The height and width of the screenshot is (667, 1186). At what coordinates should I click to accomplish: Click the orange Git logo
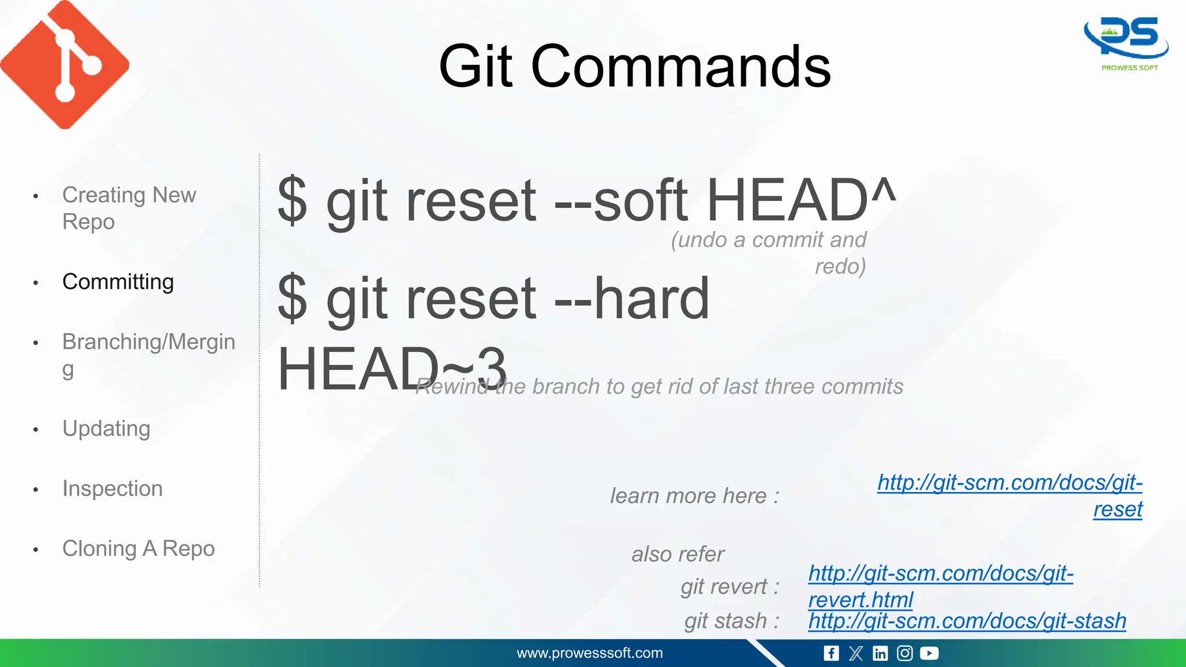(64, 64)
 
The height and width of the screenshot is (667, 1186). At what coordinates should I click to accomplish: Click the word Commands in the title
(681, 67)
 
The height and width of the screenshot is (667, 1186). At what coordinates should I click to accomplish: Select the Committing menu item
(118, 282)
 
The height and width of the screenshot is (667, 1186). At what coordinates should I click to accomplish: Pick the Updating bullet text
(106, 428)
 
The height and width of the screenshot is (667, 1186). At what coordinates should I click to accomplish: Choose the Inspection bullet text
(112, 489)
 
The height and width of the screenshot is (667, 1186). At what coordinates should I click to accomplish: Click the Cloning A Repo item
(138, 548)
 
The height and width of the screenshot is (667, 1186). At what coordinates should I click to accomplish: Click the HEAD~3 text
(391, 369)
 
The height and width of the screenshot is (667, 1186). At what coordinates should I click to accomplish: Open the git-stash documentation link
(967, 621)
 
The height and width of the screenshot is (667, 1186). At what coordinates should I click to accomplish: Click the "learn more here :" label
(694, 496)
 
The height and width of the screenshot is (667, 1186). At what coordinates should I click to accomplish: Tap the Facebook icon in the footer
(831, 653)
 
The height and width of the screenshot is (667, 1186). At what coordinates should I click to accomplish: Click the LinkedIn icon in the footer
(880, 653)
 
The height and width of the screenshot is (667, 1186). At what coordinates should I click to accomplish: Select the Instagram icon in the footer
(905, 653)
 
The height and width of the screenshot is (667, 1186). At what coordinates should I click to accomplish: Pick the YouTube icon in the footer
(929, 653)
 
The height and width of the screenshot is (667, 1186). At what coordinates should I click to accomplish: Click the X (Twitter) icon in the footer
(856, 653)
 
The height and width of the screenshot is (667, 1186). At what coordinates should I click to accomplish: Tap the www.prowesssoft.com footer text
(590, 653)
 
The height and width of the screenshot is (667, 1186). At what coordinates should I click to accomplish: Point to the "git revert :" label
(730, 587)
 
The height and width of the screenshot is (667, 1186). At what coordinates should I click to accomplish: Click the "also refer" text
(678, 554)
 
